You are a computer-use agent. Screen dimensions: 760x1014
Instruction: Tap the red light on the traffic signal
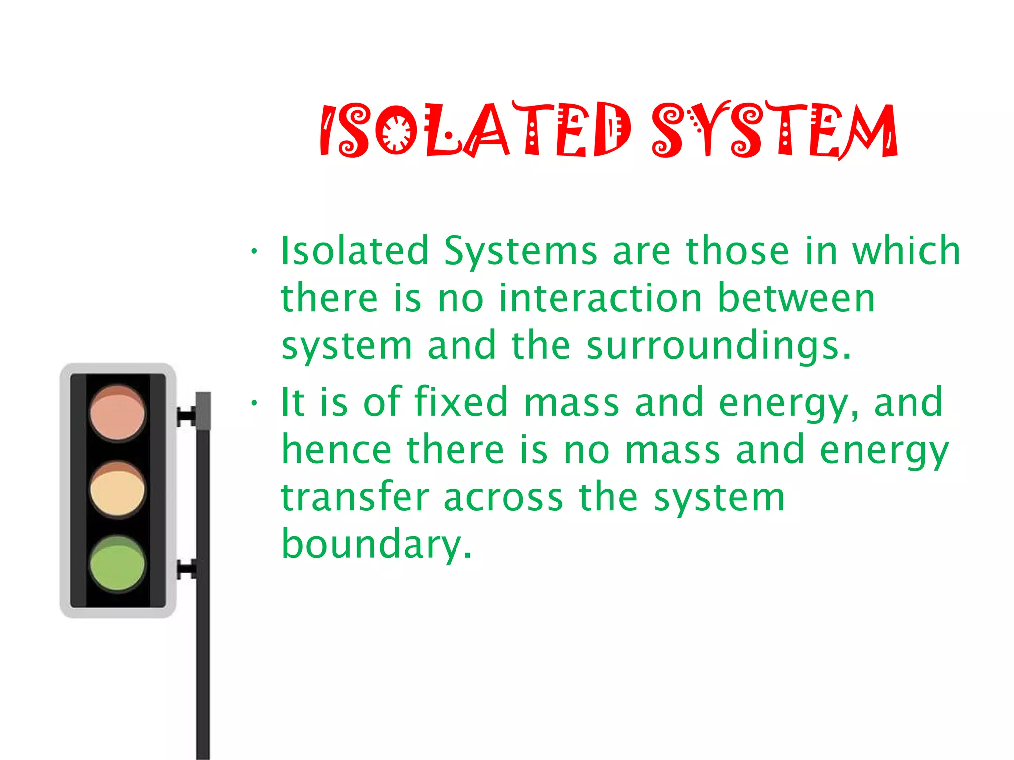pos(117,414)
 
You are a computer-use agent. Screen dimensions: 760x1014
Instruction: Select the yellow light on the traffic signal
pos(117,490)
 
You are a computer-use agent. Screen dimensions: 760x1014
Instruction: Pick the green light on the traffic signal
pos(117,564)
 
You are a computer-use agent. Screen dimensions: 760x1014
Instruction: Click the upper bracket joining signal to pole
pos(186,416)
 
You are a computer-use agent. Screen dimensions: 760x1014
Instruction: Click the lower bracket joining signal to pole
pos(186,569)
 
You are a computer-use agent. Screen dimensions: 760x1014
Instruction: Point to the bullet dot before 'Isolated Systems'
pos(254,251)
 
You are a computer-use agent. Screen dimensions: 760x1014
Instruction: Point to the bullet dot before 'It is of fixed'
pos(254,403)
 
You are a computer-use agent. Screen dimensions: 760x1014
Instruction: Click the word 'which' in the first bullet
pos(906,250)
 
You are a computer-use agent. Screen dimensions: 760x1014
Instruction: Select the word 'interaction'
pos(601,298)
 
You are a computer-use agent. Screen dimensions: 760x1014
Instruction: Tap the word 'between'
pos(796,298)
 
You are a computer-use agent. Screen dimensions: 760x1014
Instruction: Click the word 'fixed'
pos(461,402)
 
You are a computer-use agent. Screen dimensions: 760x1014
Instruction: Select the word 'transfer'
pos(355,497)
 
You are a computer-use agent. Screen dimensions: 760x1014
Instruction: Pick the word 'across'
pos(503,498)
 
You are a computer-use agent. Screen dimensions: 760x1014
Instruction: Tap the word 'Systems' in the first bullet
pos(520,251)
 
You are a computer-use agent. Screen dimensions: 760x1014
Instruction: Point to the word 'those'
pos(737,250)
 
